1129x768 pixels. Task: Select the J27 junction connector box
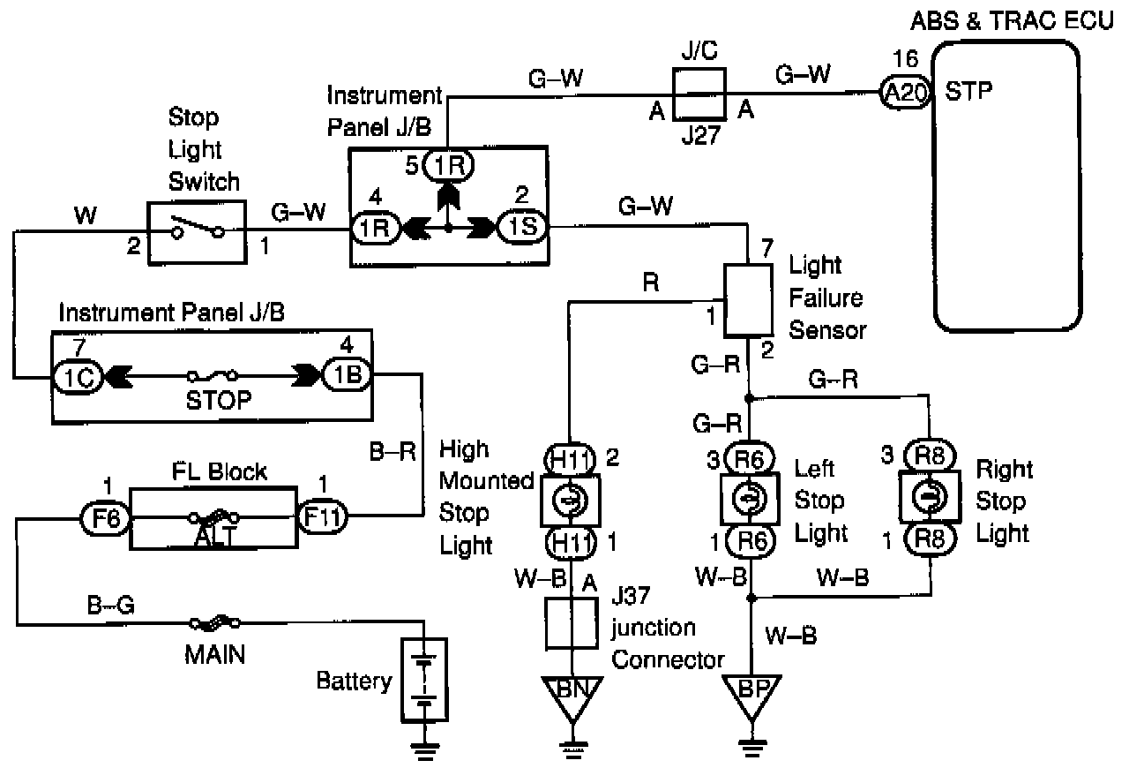[x=699, y=94]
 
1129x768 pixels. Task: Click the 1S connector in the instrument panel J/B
[x=523, y=227]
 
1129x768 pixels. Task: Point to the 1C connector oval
[x=78, y=377]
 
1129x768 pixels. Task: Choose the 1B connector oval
[x=347, y=375]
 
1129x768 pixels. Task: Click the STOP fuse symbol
[x=213, y=375]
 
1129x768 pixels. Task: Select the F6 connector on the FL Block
[x=106, y=518]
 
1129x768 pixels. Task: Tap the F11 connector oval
[x=323, y=516]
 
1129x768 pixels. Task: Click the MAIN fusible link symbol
[x=214, y=624]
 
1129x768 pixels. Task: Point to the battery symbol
[x=424, y=680]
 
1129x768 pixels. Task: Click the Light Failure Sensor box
[x=749, y=300]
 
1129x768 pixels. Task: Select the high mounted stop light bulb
[x=570, y=500]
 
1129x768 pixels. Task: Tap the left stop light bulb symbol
[x=750, y=499]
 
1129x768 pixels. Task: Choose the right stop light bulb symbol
[x=930, y=496]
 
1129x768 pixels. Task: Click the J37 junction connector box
[x=572, y=623]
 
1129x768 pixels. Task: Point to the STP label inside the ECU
[x=968, y=91]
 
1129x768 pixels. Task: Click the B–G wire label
[x=111, y=605]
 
